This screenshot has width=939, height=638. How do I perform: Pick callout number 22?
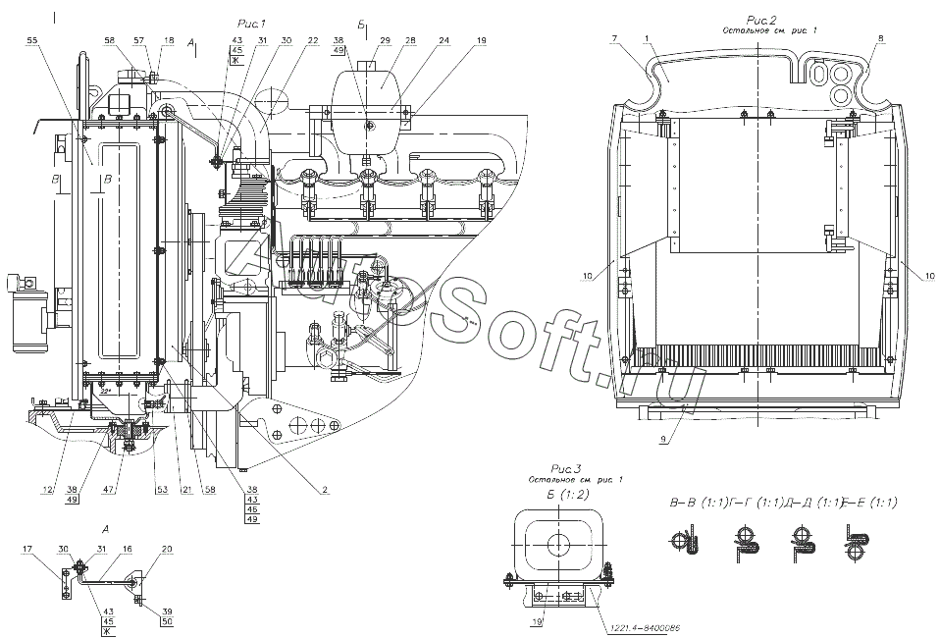(x=312, y=40)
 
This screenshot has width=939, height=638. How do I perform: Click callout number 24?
(x=444, y=40)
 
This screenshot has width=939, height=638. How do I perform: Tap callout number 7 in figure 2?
(x=612, y=37)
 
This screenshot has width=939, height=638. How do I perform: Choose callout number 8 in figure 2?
(x=879, y=37)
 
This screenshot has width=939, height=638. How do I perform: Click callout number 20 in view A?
(x=166, y=549)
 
